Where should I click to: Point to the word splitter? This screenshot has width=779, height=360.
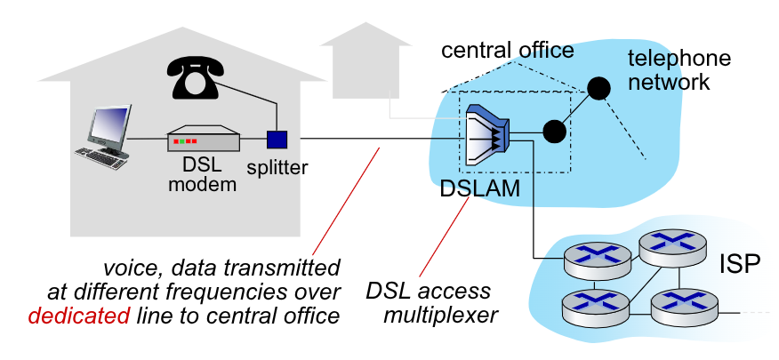point(277,166)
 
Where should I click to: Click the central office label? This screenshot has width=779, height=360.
point(508,50)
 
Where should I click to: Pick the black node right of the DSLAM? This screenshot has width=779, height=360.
point(554,132)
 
